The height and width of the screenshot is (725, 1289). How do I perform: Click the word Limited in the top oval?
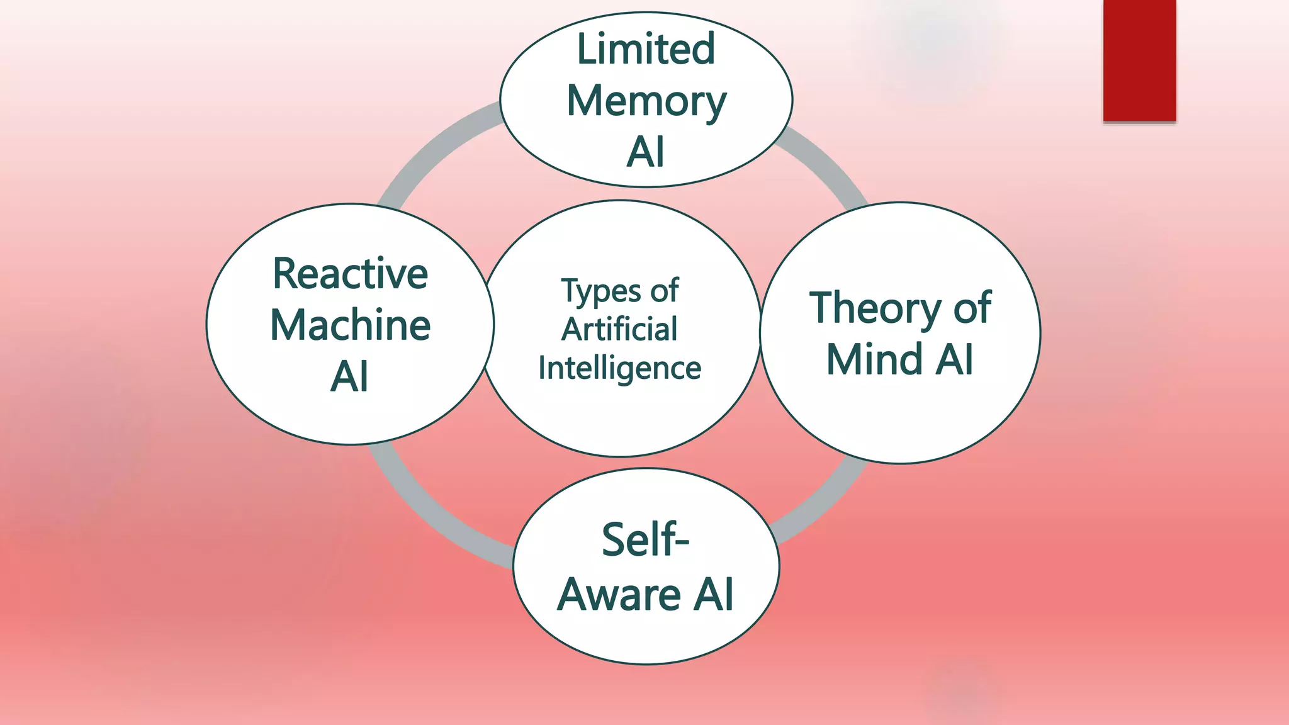pos(646,49)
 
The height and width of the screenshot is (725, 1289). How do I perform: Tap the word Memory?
pos(646,102)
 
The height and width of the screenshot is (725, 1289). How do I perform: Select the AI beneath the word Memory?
pos(646,152)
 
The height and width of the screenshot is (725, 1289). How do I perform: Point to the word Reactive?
pos(350,274)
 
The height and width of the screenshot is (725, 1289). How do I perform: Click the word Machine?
pos(350,325)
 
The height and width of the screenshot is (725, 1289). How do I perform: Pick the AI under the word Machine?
pos(349,377)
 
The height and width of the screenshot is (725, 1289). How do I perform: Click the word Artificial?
pos(620,330)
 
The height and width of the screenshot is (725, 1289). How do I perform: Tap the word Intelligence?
pos(620,369)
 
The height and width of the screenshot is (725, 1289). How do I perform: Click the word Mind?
pos(874,359)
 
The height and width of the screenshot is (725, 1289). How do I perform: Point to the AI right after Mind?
pos(955,359)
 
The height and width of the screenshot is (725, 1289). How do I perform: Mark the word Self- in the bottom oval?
pos(645,540)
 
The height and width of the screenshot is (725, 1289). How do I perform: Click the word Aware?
pos(619,595)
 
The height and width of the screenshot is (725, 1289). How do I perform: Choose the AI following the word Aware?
pos(713,595)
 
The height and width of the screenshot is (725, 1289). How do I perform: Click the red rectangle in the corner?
pos(1139,60)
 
